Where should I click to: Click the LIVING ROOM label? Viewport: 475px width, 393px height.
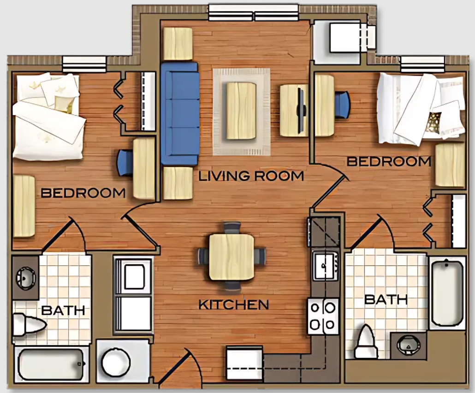pyautogui.click(x=251, y=176)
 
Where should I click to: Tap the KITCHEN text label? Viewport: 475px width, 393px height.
pyautogui.click(x=233, y=305)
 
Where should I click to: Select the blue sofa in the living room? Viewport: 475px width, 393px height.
pyautogui.click(x=180, y=114)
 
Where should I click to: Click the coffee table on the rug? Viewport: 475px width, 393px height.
pyautogui.click(x=241, y=111)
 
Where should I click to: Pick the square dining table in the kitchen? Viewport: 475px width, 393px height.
pyautogui.click(x=232, y=257)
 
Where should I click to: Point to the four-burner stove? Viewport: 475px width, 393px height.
pyautogui.click(x=323, y=316)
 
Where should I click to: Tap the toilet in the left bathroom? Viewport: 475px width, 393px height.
pyautogui.click(x=29, y=325)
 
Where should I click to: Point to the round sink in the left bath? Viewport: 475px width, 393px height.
pyautogui.click(x=26, y=276)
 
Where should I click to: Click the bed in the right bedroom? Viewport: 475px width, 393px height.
pyautogui.click(x=421, y=108)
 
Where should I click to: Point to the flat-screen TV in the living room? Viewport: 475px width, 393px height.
pyautogui.click(x=301, y=110)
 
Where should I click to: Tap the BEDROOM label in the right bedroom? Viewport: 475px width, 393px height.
pyautogui.click(x=389, y=161)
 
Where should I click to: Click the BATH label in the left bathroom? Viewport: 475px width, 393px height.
pyautogui.click(x=63, y=310)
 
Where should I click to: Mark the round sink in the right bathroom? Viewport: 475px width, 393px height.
pyautogui.click(x=408, y=345)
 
